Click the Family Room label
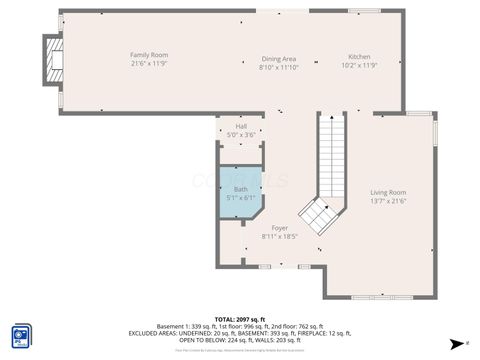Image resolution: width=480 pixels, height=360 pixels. (x=149, y=54)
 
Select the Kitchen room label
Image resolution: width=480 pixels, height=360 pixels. (x=359, y=56)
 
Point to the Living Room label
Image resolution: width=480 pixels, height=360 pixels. (x=388, y=192)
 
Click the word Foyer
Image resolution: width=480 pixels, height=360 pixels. (x=280, y=228)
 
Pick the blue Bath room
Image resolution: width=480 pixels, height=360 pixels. (x=240, y=190)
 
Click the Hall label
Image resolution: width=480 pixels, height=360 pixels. (x=241, y=127)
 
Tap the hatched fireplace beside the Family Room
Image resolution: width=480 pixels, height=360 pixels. (x=51, y=63)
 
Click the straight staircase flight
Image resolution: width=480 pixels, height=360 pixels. (x=330, y=155)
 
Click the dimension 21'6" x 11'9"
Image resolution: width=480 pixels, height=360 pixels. (x=149, y=63)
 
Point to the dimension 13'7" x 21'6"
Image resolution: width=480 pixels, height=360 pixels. (x=388, y=201)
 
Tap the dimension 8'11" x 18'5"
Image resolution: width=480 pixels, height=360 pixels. (x=280, y=237)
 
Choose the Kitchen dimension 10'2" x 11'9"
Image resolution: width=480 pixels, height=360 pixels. (x=359, y=66)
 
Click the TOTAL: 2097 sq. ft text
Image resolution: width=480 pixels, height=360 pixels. (x=240, y=318)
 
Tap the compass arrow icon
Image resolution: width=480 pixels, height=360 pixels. (x=458, y=343)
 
